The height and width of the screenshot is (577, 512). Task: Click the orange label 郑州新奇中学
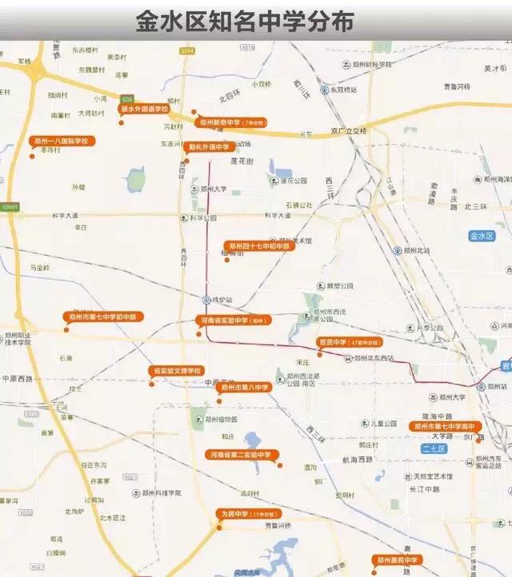click(232, 123)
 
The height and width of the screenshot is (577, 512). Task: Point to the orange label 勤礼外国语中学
click(209, 147)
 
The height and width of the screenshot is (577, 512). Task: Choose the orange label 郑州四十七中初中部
click(259, 246)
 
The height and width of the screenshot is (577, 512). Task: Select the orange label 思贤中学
click(349, 341)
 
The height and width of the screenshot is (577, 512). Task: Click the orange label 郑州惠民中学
click(398, 559)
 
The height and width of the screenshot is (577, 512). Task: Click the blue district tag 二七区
click(433, 449)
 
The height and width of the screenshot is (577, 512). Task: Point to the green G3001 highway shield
click(10, 207)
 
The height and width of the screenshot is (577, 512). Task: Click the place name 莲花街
click(242, 161)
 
